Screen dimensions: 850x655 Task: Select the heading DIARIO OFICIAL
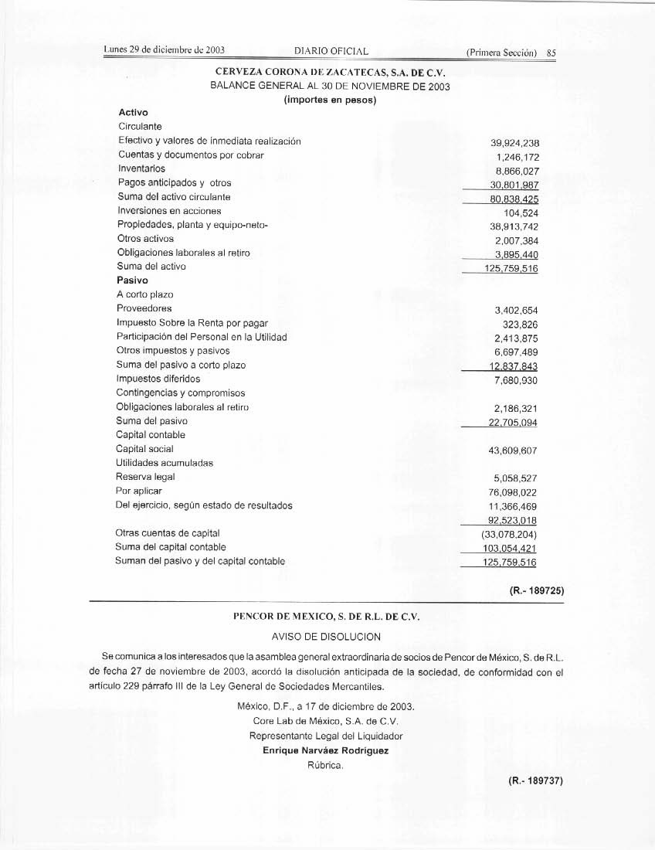click(331, 52)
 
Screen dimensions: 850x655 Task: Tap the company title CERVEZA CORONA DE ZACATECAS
click(330, 72)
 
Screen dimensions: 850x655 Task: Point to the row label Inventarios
click(141, 168)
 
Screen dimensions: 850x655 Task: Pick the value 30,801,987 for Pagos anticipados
click(514, 185)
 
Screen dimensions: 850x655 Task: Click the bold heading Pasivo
click(132, 280)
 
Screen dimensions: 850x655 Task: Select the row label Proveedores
click(144, 308)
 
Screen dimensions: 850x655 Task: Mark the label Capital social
click(144, 449)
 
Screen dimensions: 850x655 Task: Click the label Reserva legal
click(146, 477)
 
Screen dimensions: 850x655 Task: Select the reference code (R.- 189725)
click(536, 591)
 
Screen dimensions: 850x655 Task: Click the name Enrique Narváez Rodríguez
click(326, 750)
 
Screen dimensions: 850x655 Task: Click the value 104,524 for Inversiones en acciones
click(521, 212)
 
